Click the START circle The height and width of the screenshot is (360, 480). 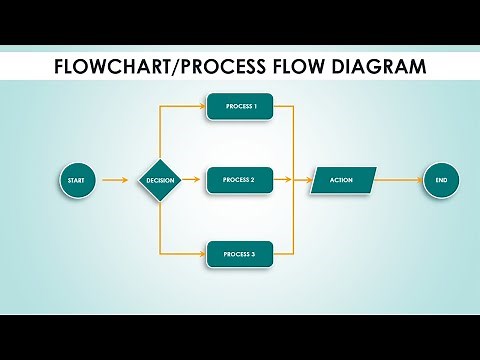coord(75,180)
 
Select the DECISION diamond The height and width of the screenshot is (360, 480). coord(160,180)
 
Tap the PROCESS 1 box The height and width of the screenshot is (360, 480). coord(240,106)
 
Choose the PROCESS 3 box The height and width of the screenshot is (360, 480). coord(240,254)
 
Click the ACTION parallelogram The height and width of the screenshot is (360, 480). coord(342,180)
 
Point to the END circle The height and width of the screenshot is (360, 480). coord(440,180)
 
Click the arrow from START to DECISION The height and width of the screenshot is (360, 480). coord(114,180)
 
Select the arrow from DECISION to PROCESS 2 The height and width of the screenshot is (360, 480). coord(193,180)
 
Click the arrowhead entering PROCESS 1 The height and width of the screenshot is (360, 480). coord(202,106)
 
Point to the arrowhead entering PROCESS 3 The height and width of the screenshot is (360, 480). coord(202,254)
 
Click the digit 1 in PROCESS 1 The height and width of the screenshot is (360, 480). coord(255,106)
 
